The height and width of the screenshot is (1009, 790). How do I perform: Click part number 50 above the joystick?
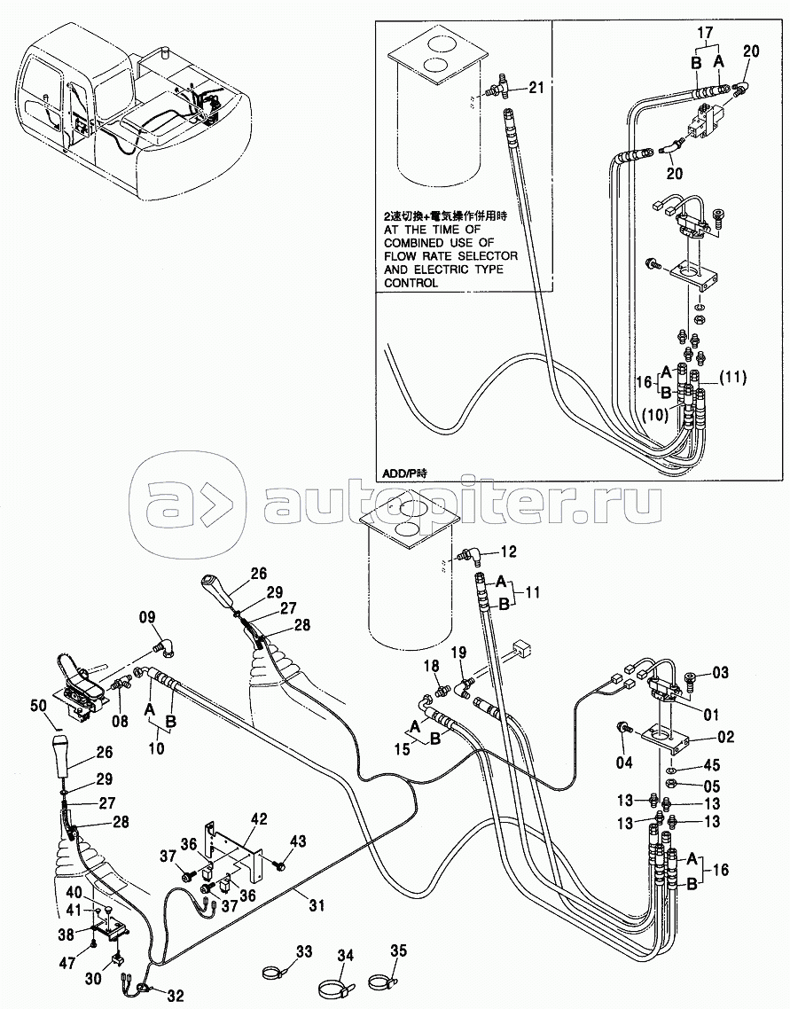tap(39, 705)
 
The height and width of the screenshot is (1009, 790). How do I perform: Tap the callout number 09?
tap(147, 618)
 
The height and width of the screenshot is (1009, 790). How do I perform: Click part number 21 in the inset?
tap(536, 88)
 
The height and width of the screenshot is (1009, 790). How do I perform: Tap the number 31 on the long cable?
tap(316, 905)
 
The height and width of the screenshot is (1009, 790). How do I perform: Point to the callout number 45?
tap(711, 765)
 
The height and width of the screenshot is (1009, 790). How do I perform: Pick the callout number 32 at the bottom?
tap(175, 996)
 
